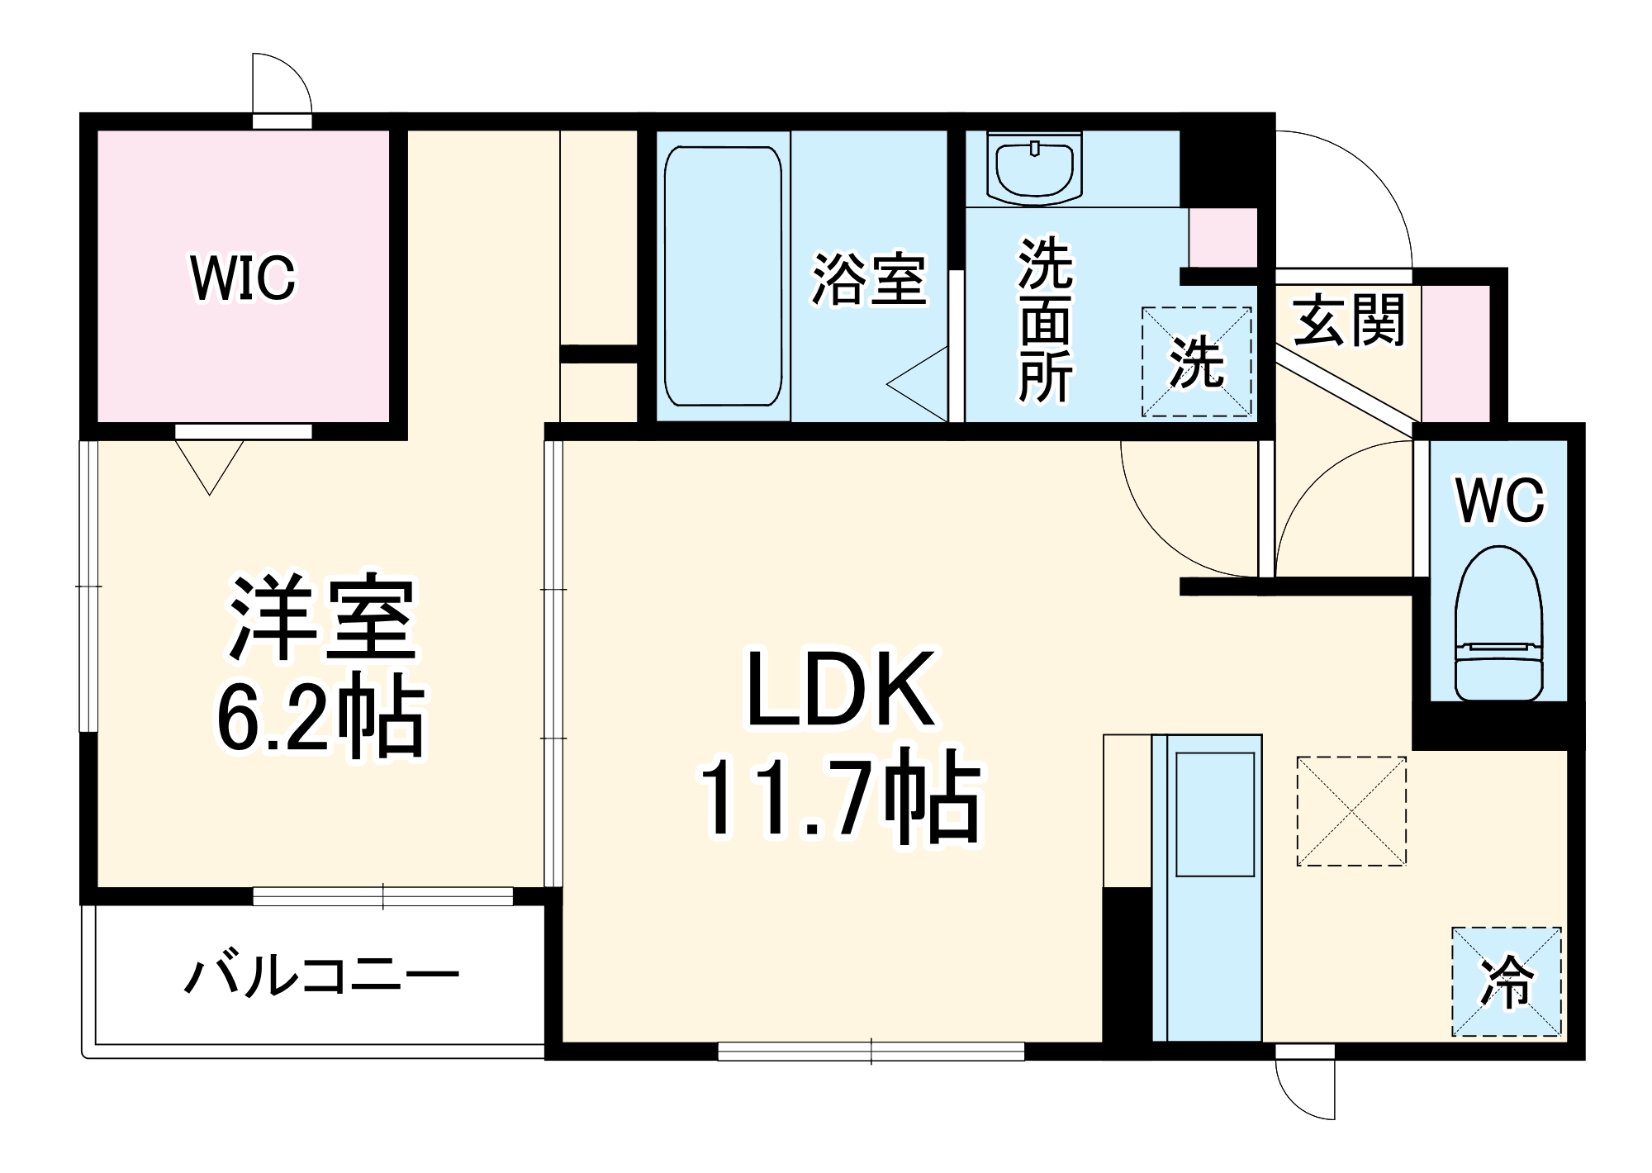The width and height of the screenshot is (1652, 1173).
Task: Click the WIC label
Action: tap(243, 278)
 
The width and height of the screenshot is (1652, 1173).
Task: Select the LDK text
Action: tap(841, 688)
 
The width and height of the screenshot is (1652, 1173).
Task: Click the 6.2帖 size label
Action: tap(320, 716)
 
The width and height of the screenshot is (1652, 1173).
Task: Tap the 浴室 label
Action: tap(868, 278)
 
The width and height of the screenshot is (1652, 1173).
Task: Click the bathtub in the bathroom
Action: tap(723, 277)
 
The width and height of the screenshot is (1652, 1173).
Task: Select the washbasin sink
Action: tap(1035, 169)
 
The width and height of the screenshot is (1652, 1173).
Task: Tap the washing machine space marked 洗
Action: tap(1196, 362)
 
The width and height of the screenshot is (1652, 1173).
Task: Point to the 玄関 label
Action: tap(1348, 321)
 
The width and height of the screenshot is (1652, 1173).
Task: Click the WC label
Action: tap(1499, 500)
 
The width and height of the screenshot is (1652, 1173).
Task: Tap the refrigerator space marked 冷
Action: tap(1507, 981)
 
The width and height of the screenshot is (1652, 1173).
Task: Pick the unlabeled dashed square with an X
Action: tap(1351, 811)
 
